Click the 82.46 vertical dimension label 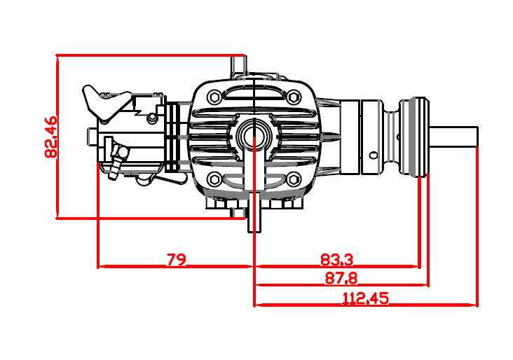click(x=50, y=137)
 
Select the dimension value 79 click(x=177, y=260)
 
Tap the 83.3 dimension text click(x=336, y=260)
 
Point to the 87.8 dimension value click(x=341, y=278)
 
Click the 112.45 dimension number click(x=365, y=298)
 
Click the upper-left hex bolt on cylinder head click(x=214, y=97)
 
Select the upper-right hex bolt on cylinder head click(x=293, y=97)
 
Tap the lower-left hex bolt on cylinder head click(x=214, y=179)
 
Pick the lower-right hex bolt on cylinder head click(x=293, y=179)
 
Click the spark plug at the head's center click(x=254, y=134)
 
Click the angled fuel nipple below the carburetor click(x=117, y=161)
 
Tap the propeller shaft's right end click(x=478, y=137)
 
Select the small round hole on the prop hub click(x=374, y=155)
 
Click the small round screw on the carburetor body click(x=151, y=117)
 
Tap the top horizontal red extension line click(x=150, y=55)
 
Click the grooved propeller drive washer click(x=414, y=137)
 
